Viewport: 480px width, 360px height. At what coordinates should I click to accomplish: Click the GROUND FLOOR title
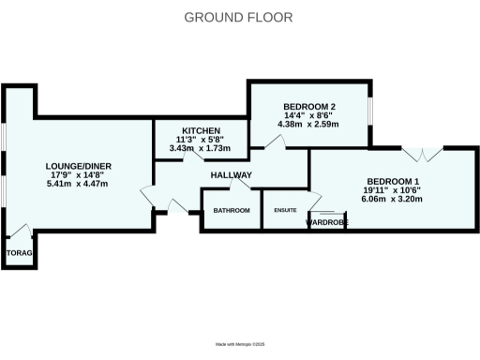point(237,17)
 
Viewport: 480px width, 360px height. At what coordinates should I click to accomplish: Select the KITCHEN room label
point(202,130)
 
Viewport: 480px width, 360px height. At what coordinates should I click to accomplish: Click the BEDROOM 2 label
point(310,105)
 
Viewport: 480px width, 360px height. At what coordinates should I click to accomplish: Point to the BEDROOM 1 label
point(393,181)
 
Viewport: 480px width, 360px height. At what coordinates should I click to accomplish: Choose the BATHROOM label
point(232,211)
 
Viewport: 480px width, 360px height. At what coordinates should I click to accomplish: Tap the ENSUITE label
point(286,211)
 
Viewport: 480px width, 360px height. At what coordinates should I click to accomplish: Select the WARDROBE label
point(326,222)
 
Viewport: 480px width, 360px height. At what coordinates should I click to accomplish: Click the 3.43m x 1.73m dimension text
point(202,149)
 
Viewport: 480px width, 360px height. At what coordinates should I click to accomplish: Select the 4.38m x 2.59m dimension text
point(310,124)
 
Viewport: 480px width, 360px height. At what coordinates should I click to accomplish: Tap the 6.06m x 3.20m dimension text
point(393,200)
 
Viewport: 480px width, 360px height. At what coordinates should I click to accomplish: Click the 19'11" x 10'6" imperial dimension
point(393,190)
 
